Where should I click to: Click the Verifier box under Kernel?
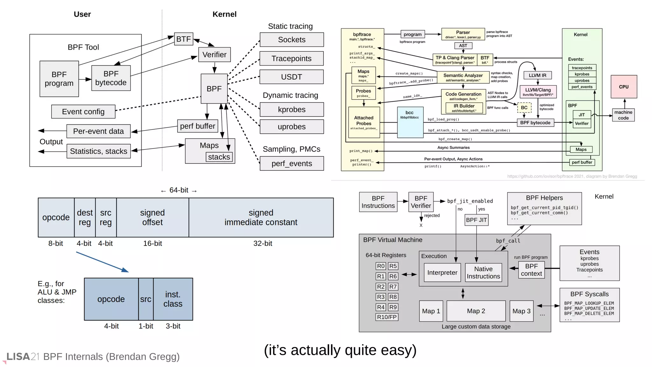click(214, 55)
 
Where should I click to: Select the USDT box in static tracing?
click(291, 77)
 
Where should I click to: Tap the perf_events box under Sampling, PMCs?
click(291, 163)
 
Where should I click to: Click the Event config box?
click(83, 112)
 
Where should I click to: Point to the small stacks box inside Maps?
click(219, 157)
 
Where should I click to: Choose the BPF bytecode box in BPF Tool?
click(111, 78)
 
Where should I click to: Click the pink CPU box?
click(623, 87)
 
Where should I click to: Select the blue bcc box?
click(410, 122)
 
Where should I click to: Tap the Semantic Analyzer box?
click(463, 77)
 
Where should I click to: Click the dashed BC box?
click(524, 108)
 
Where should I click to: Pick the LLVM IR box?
click(537, 75)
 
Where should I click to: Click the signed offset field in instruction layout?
click(152, 218)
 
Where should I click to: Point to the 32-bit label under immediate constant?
click(262, 243)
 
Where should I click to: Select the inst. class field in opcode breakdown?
click(173, 299)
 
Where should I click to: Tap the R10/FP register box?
click(386, 317)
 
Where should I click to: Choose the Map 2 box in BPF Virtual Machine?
click(476, 311)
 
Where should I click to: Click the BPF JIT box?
click(476, 220)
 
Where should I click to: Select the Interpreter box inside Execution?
click(442, 273)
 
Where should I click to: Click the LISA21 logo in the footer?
click(22, 357)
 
